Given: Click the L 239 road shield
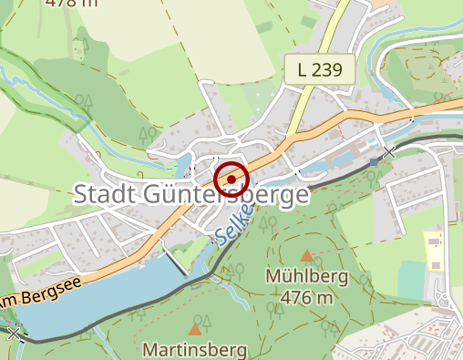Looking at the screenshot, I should (x=319, y=70).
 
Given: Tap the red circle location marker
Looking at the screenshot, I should (x=231, y=180).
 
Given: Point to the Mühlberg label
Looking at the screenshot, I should (x=302, y=275).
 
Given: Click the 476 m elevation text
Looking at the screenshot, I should (x=306, y=297).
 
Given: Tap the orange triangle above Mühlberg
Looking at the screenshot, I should (x=307, y=256).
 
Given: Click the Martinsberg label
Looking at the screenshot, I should (x=195, y=349).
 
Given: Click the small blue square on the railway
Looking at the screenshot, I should (x=375, y=161).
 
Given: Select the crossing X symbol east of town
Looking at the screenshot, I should (x=389, y=152).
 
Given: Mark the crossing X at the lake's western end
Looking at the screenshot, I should (x=13, y=334).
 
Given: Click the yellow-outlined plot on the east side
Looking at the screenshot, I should (x=434, y=251).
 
